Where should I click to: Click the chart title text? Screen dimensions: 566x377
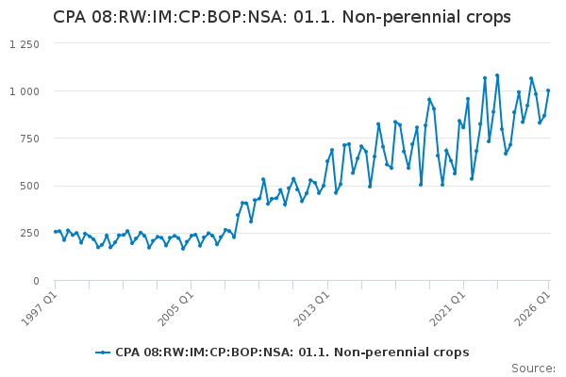pyautogui.click(x=282, y=17)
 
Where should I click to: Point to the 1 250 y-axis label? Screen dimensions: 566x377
pyautogui.click(x=25, y=44)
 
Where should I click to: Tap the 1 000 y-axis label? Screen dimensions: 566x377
pyautogui.click(x=25, y=91)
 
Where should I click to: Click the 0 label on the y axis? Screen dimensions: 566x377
pyautogui.click(x=36, y=281)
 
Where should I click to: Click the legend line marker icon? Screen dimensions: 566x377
pyautogui.click(x=103, y=352)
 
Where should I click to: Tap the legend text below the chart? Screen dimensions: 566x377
pyautogui.click(x=292, y=352)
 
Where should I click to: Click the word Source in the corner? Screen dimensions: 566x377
pyautogui.click(x=532, y=369)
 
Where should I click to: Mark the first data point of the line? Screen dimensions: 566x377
pyautogui.click(x=56, y=232)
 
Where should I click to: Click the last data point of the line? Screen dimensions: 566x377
pyautogui.click(x=548, y=90)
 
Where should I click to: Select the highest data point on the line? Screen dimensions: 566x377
pyautogui.click(x=497, y=75)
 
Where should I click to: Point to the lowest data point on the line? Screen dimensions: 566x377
pyautogui.click(x=183, y=249)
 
